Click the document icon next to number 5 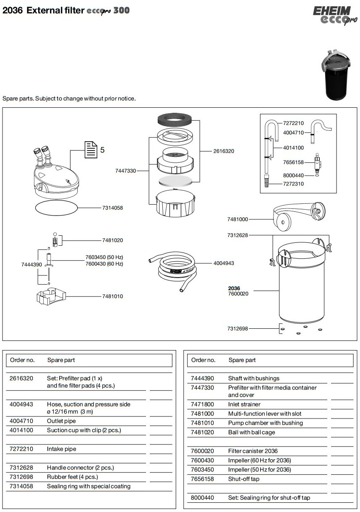click(91, 150)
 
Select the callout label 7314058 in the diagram click(112, 208)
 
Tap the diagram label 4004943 click(224, 263)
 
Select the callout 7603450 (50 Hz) click(104, 257)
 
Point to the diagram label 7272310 click(293, 184)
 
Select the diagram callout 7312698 click(238, 329)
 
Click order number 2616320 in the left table click(21, 378)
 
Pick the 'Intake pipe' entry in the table click(61, 449)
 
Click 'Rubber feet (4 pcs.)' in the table click(72, 477)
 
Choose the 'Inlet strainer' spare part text click(244, 404)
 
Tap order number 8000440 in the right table click(202, 498)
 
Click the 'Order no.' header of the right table click(203, 360)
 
